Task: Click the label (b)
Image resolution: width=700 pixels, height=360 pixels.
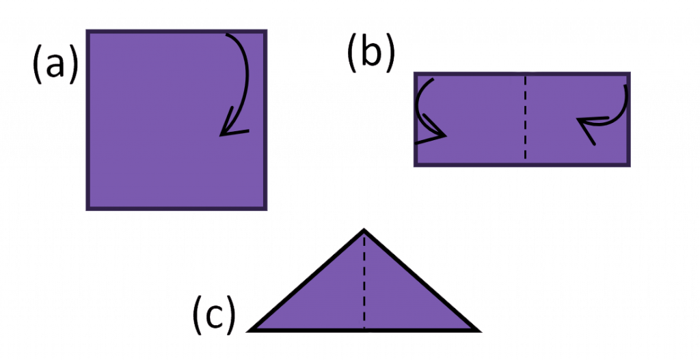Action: (x=371, y=53)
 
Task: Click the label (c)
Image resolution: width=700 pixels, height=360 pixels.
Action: (x=214, y=314)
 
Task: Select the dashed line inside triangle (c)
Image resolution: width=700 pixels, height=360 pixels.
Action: (x=364, y=281)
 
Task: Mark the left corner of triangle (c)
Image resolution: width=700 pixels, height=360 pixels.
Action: (x=249, y=331)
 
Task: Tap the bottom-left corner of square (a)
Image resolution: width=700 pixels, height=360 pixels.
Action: (x=87, y=209)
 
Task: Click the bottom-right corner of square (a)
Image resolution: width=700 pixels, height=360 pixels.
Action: (x=266, y=209)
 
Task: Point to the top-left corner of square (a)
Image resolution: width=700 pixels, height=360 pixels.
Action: (x=87, y=31)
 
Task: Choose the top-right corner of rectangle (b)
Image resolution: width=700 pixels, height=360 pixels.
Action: (x=629, y=73)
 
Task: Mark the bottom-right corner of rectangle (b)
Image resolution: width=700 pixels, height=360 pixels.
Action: (x=629, y=165)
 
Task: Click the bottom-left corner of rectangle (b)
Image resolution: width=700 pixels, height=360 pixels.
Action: (x=415, y=165)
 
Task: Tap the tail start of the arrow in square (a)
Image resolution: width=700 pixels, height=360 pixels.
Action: (x=226, y=34)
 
